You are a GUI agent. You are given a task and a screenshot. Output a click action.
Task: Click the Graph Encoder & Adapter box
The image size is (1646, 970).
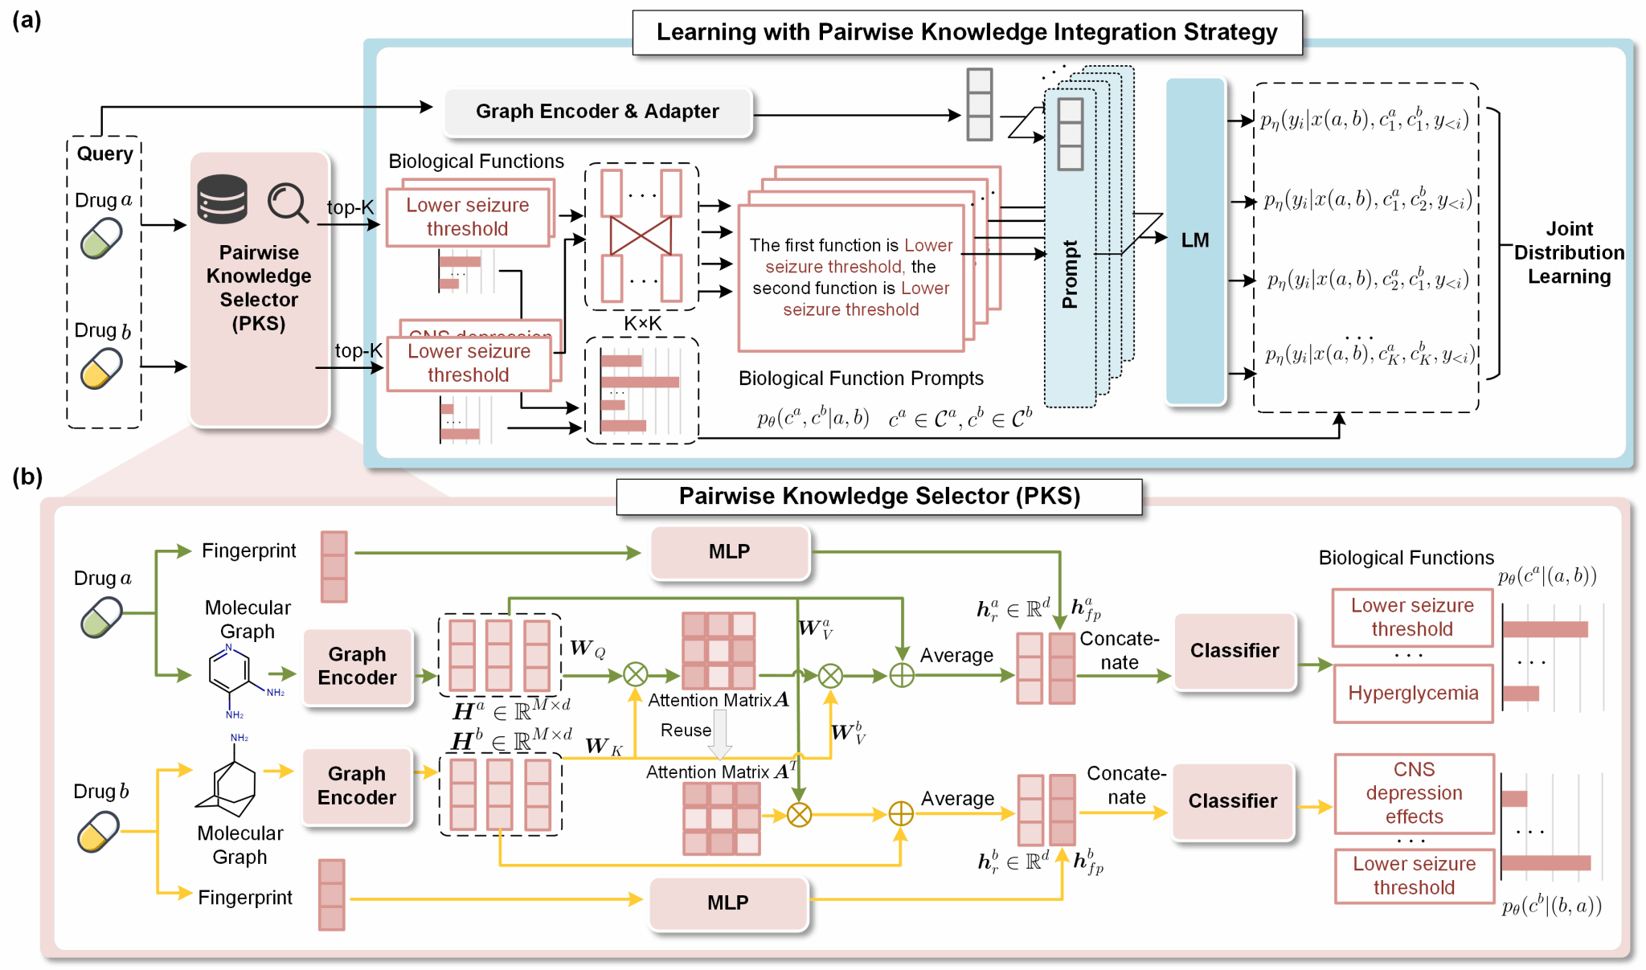point(597,112)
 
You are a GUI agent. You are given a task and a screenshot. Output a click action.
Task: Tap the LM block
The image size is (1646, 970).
point(1195,240)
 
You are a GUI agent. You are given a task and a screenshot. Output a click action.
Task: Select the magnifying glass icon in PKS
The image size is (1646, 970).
point(288,203)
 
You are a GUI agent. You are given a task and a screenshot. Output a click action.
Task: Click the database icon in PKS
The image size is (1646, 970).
point(222,199)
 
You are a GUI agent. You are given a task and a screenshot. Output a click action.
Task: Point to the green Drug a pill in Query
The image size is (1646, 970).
point(101,239)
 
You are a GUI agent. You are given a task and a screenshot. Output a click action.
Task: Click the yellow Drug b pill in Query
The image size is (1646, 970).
point(101,369)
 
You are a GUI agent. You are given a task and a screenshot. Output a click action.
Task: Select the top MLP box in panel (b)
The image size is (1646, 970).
point(729,552)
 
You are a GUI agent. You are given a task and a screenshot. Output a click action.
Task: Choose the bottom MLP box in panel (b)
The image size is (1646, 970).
point(727,903)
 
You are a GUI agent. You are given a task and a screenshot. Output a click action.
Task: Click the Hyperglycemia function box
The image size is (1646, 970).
point(1413,694)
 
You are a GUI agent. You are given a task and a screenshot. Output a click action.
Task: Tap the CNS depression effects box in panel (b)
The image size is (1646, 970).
point(1414,793)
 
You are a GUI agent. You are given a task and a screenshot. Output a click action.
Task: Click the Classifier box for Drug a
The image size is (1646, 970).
point(1234,651)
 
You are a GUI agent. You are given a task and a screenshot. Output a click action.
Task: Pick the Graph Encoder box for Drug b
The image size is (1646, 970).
point(357,786)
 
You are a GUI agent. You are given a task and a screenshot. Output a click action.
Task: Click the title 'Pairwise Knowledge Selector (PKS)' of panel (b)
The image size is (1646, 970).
point(878,497)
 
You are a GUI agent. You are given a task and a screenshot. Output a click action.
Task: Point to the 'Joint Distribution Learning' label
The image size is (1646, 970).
point(1569,253)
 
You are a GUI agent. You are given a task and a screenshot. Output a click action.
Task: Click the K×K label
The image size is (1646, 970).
point(642,324)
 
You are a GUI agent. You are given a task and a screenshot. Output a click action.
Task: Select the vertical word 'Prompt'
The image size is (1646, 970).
point(1070,274)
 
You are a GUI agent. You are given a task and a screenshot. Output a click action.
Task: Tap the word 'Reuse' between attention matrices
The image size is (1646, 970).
point(686,731)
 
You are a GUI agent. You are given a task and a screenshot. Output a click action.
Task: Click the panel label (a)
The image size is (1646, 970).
point(27,20)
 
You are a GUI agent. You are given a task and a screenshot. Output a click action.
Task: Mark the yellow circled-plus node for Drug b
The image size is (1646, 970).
point(901,814)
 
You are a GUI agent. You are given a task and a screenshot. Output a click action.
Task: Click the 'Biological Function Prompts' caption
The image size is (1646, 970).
point(861,379)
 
